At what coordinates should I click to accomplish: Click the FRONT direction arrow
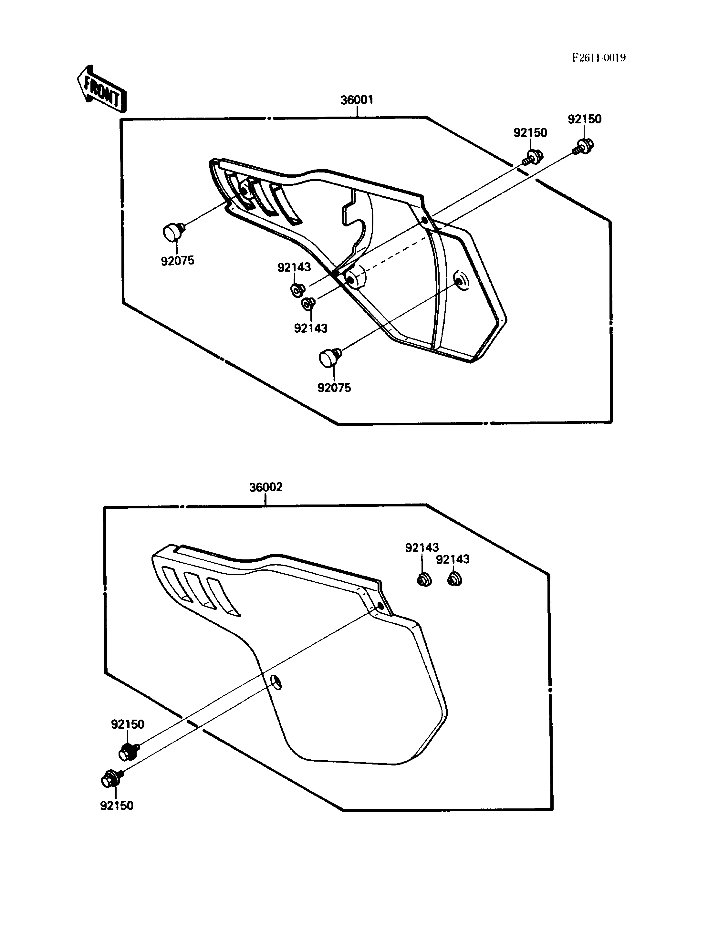coord(101,89)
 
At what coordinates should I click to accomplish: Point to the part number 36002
coord(265,487)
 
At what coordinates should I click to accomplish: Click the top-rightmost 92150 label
coord(585,119)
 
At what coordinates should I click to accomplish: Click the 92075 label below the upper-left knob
coord(177,261)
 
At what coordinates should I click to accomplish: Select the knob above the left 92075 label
coord(173,232)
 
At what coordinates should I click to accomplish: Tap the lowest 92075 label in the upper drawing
coord(334,388)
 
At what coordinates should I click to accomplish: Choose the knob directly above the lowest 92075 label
coord(330,358)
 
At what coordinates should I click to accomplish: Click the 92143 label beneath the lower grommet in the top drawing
coord(311,328)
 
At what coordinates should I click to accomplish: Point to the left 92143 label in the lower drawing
coord(422,547)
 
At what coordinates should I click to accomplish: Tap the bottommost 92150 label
coord(116,806)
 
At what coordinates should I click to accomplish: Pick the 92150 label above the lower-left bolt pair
coord(128,724)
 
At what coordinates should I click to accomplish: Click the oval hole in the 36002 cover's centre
coord(276,681)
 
